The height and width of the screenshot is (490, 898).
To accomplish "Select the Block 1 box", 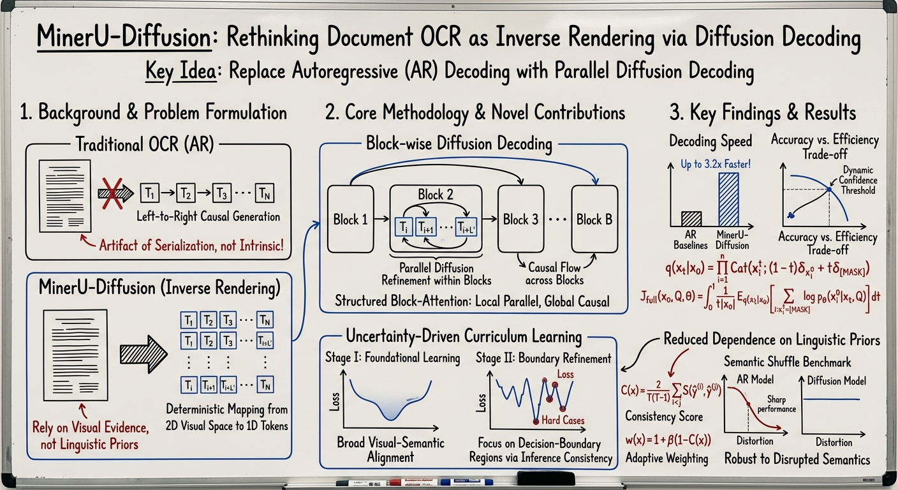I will tap(350, 220).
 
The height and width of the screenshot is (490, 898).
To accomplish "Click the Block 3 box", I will tap(520, 220).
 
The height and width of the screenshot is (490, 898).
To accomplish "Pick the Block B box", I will tap(594, 220).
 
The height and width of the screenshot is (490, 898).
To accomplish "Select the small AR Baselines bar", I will tap(686, 219).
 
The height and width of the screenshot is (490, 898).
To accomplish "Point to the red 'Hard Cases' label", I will tap(564, 420).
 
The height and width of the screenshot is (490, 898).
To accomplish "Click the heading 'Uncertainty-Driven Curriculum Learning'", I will tap(463, 336).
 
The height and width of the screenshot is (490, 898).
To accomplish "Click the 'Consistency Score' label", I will tap(663, 417).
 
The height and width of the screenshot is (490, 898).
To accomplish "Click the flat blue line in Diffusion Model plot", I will tap(834, 400).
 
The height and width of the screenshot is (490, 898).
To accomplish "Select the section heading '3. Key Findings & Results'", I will tap(762, 113).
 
